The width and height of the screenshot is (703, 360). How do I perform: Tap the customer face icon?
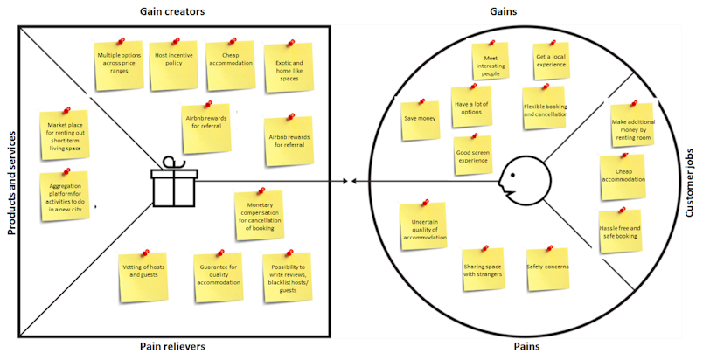click(524, 182)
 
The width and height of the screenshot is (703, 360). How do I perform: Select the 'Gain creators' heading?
click(172, 11)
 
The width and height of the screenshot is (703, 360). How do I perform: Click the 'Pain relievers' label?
click(172, 346)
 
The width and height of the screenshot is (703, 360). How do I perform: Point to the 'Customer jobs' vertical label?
click(690, 183)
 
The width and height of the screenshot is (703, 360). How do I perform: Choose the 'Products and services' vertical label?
click(11, 183)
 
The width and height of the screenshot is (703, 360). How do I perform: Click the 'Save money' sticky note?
click(420, 120)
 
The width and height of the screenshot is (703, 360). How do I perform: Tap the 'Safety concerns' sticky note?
click(548, 268)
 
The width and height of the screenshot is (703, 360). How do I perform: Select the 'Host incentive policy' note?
click(174, 66)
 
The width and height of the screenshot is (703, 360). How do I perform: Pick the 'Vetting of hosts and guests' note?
click(143, 278)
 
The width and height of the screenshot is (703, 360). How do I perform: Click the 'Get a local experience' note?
click(551, 61)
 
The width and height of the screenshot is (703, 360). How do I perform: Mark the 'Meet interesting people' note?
click(491, 61)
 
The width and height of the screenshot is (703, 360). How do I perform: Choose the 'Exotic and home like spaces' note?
click(289, 68)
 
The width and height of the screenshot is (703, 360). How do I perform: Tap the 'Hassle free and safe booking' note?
click(621, 232)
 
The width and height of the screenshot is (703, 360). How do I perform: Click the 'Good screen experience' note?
click(472, 156)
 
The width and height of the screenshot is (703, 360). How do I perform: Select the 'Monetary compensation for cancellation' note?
click(260, 215)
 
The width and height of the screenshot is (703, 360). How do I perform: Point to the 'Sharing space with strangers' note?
click(483, 269)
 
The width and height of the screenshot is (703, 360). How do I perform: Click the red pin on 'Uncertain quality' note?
click(425, 203)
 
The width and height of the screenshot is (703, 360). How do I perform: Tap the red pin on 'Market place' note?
click(66, 110)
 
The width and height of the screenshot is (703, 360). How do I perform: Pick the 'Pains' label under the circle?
click(526, 346)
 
